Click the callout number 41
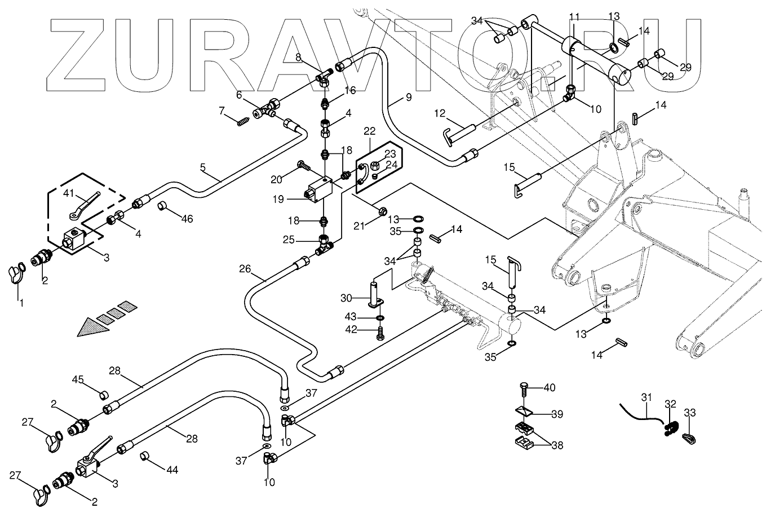(x=68, y=193)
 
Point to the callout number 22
(x=370, y=131)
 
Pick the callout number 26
(x=243, y=269)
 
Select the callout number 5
(x=203, y=167)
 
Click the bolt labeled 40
(x=523, y=388)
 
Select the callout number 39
(x=557, y=414)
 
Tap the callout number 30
(x=346, y=297)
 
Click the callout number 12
(x=440, y=114)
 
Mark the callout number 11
(x=574, y=16)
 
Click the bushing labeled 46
(x=162, y=206)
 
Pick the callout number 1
(x=20, y=304)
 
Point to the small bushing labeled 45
(x=104, y=393)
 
